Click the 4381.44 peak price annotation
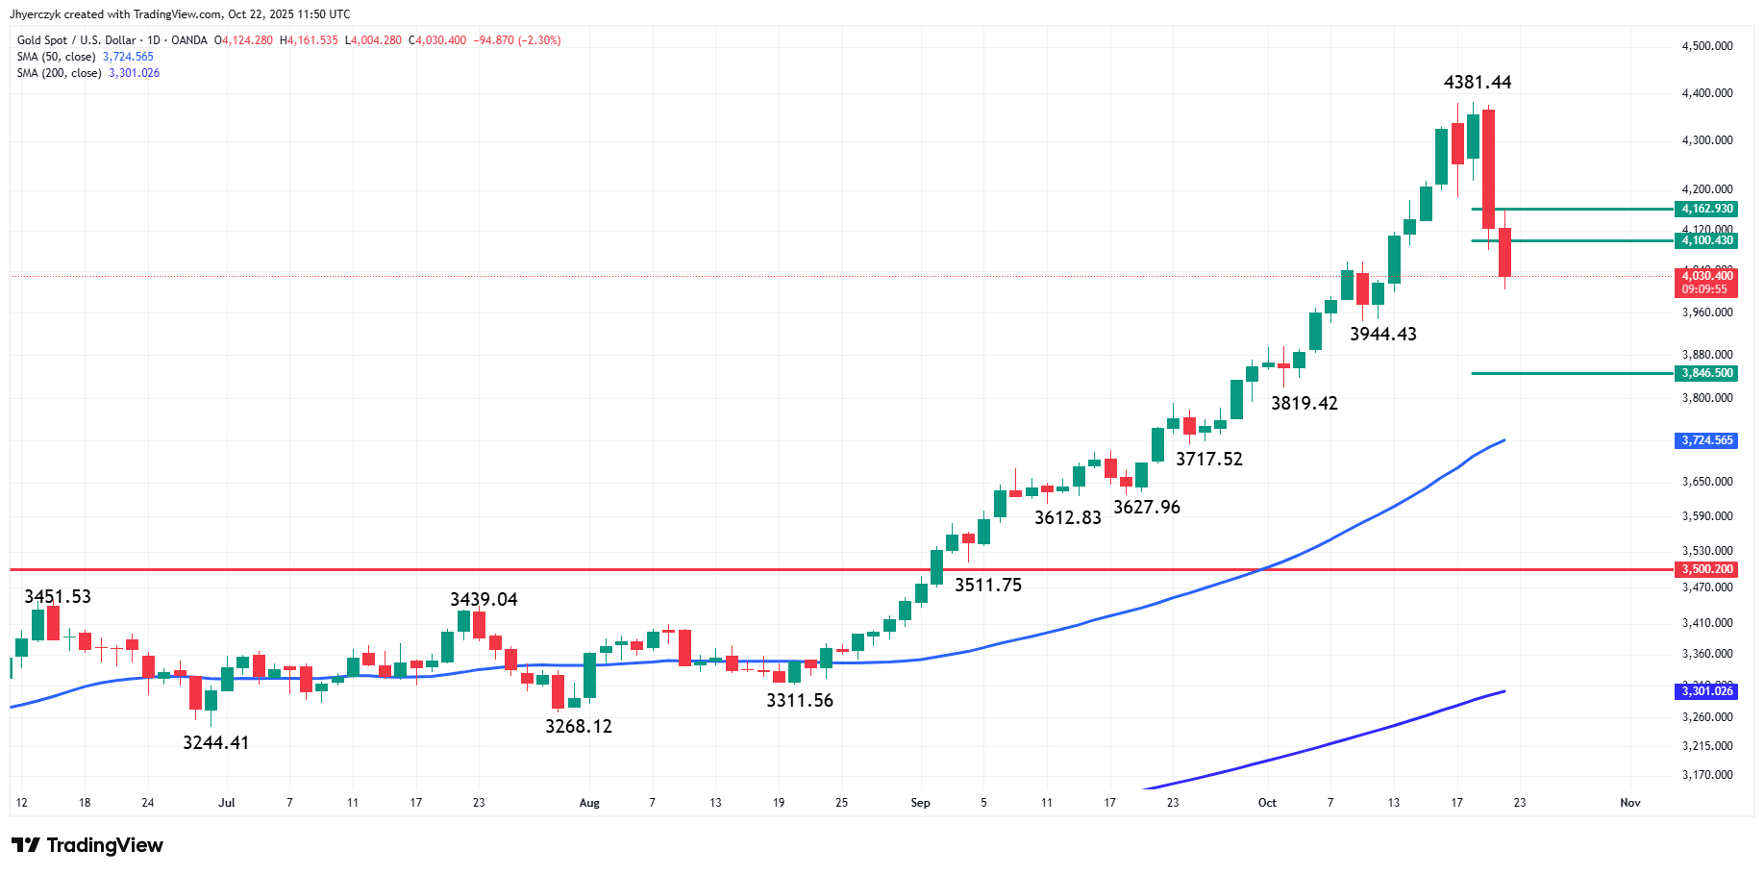coord(1477,83)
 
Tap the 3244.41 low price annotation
coord(215,742)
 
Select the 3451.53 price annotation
coord(58,596)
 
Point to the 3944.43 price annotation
coord(1382,334)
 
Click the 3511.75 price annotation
coord(987,585)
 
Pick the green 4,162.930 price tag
coord(1707,209)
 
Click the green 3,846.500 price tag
coord(1707,373)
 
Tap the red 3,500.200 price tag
coord(1707,569)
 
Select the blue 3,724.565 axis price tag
coord(1707,440)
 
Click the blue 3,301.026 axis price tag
coord(1707,691)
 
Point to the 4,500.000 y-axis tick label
coord(1707,46)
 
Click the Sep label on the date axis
coord(920,803)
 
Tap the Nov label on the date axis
coord(1629,803)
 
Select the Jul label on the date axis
coord(227,803)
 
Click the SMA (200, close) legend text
coord(59,73)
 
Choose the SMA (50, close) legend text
coord(56,57)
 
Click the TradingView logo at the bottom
coord(87,845)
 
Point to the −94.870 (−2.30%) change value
coord(517,40)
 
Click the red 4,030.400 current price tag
coord(1707,276)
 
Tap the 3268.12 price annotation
coord(578,726)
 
